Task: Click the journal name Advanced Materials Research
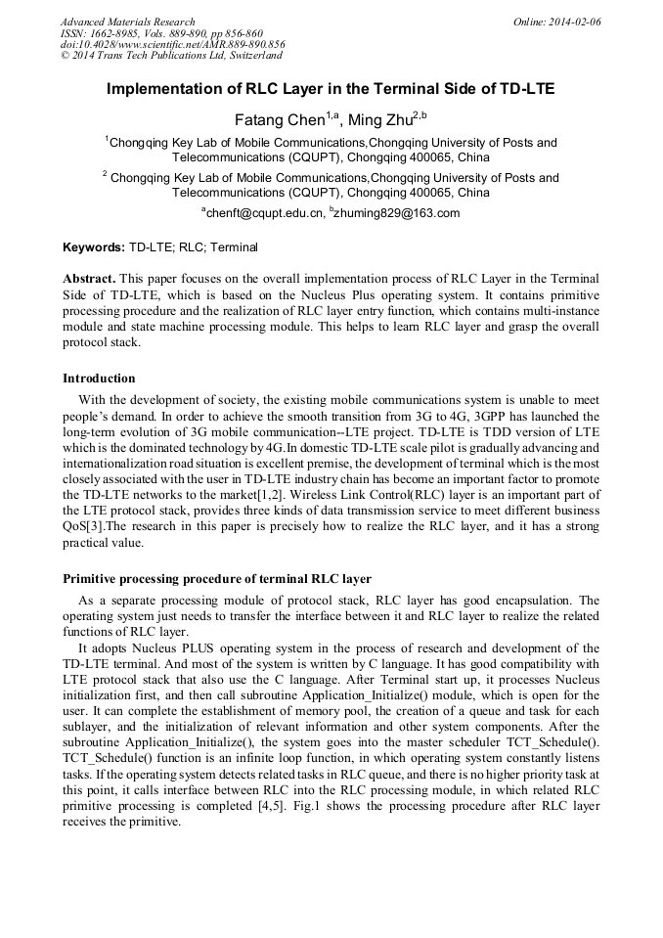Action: tap(127, 22)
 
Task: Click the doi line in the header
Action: tap(173, 44)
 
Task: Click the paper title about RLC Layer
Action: tap(331, 89)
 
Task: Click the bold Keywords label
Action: tap(94, 247)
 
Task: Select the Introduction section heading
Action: tap(99, 379)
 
